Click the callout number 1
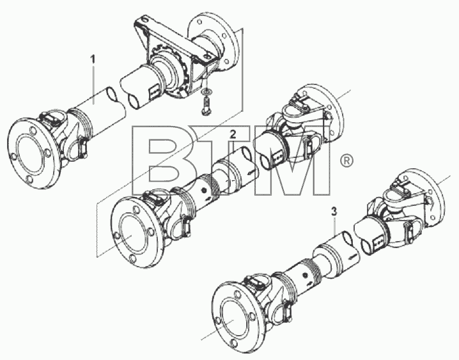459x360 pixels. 93,59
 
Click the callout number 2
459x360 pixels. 233,134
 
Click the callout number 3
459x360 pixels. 334,212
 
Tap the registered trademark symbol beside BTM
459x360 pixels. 347,160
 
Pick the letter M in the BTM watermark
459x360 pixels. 293,160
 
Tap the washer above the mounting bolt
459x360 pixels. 206,92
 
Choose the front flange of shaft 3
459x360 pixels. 237,318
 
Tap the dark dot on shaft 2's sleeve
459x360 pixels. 204,191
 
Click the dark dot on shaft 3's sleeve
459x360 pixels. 305,276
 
